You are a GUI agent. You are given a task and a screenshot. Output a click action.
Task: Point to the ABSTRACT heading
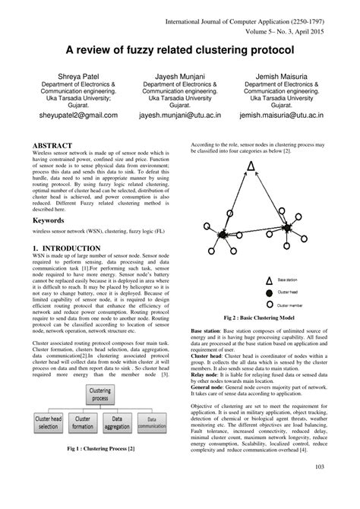click(x=52, y=144)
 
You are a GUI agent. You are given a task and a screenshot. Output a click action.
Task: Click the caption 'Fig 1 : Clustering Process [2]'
click(x=100, y=471)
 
